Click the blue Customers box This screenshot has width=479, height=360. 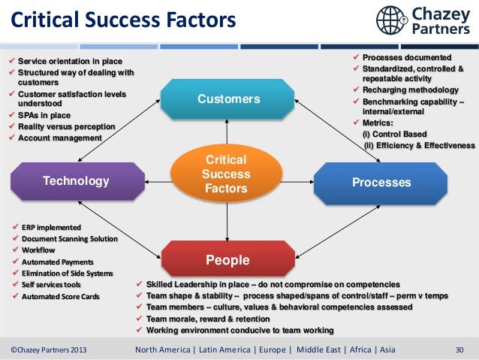tap(228, 99)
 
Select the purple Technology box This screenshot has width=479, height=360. tap(76, 181)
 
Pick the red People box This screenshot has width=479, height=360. tap(227, 261)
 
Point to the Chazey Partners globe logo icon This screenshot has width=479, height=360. tap(393, 20)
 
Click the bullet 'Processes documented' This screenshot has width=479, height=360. tap(407, 58)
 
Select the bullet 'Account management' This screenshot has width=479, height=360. tap(59, 138)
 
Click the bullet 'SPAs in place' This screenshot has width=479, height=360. tap(46, 116)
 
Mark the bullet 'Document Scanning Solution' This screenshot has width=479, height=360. tap(69, 239)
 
